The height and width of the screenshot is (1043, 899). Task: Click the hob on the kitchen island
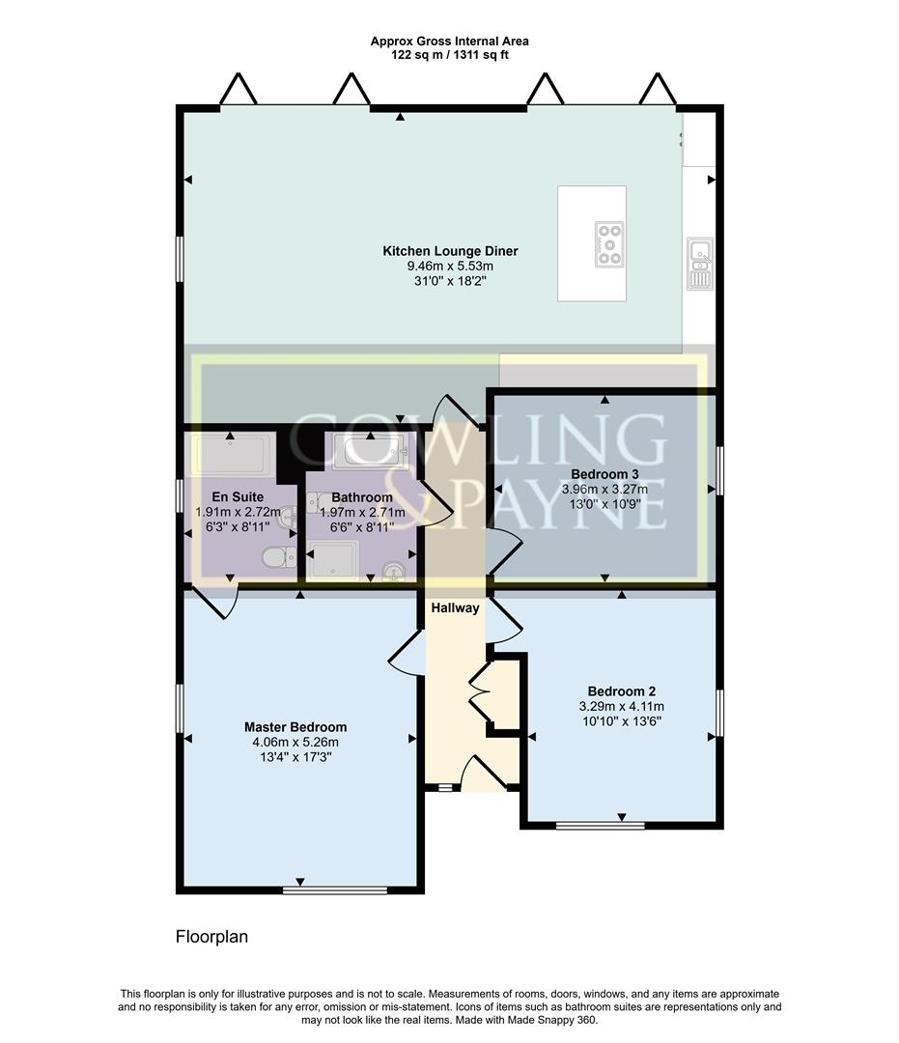609,243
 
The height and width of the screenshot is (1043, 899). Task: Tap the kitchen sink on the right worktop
700,262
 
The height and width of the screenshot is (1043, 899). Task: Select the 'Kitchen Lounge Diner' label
450,251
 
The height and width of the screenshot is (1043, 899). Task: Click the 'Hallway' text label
455,608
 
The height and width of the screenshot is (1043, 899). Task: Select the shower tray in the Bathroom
332,559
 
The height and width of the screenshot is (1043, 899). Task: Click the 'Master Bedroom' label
295,727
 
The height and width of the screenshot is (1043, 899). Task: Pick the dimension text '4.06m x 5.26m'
295,742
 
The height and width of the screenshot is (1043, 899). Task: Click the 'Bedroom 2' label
622,691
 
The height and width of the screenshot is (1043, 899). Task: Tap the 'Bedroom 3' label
604,474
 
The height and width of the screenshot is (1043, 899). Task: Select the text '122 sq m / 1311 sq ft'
449,55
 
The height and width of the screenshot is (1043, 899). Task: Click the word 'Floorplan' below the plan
211,937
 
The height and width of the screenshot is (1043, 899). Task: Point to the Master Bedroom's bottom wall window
335,889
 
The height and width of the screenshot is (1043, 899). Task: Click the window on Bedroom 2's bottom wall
601,826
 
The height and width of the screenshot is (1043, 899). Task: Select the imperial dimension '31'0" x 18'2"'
450,282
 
